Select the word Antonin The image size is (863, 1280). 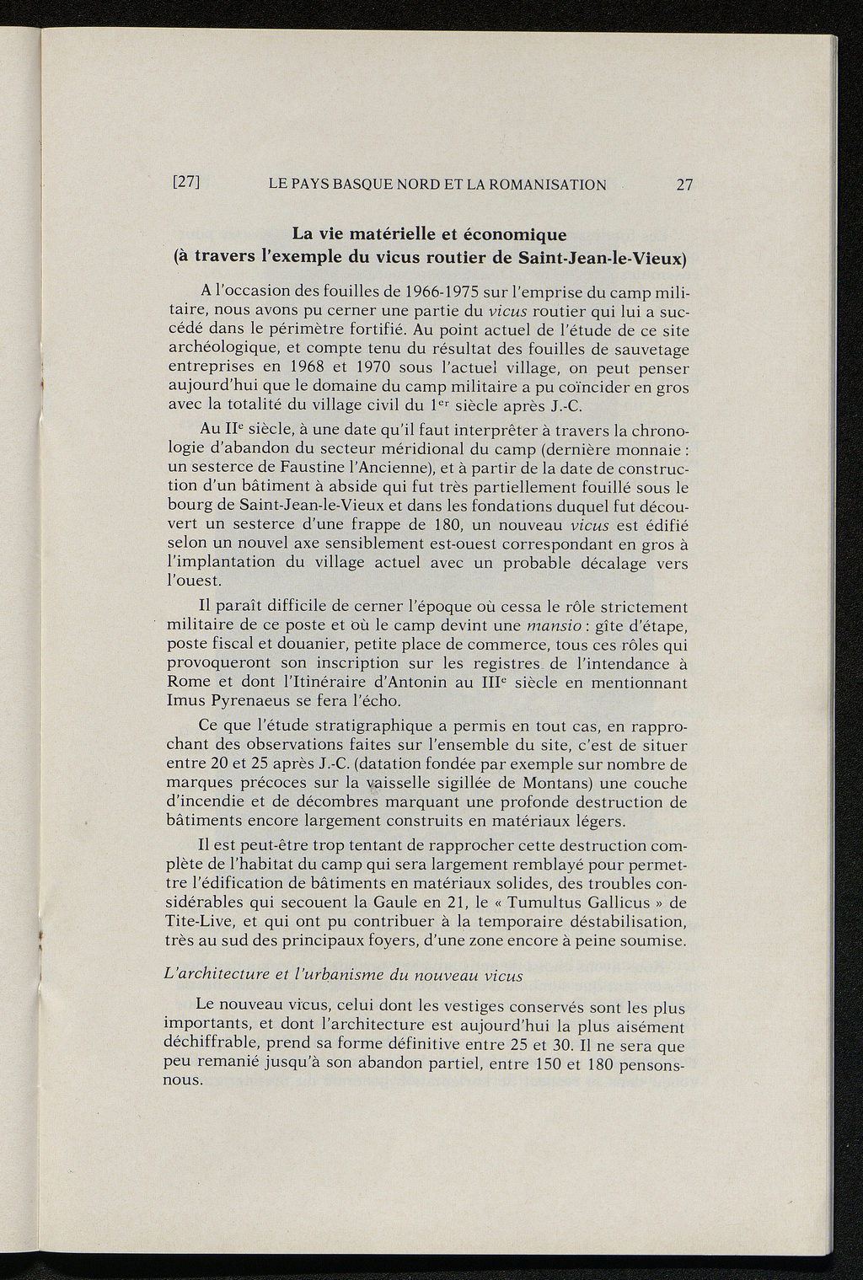(416, 683)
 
